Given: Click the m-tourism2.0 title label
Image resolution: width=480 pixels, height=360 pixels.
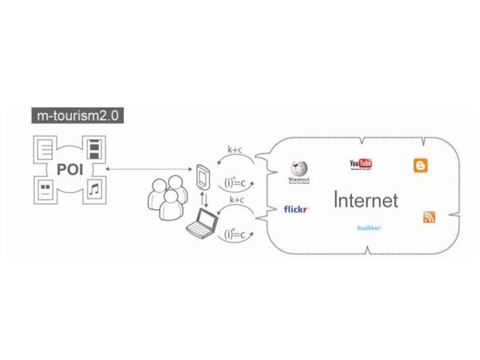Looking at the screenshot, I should (77, 116).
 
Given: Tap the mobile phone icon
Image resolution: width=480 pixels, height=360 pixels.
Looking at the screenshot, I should (203, 175).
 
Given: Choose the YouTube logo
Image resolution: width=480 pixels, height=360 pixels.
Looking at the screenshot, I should (361, 165).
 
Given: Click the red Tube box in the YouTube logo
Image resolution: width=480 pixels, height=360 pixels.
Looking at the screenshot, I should (366, 164).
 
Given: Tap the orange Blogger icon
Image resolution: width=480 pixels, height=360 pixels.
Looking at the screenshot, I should (420, 165).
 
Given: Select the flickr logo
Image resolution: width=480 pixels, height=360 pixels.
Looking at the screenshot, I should (296, 210).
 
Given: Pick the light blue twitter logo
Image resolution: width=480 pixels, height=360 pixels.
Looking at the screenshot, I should (369, 227).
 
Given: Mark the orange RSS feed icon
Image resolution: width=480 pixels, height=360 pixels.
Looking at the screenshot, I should (429, 217).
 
